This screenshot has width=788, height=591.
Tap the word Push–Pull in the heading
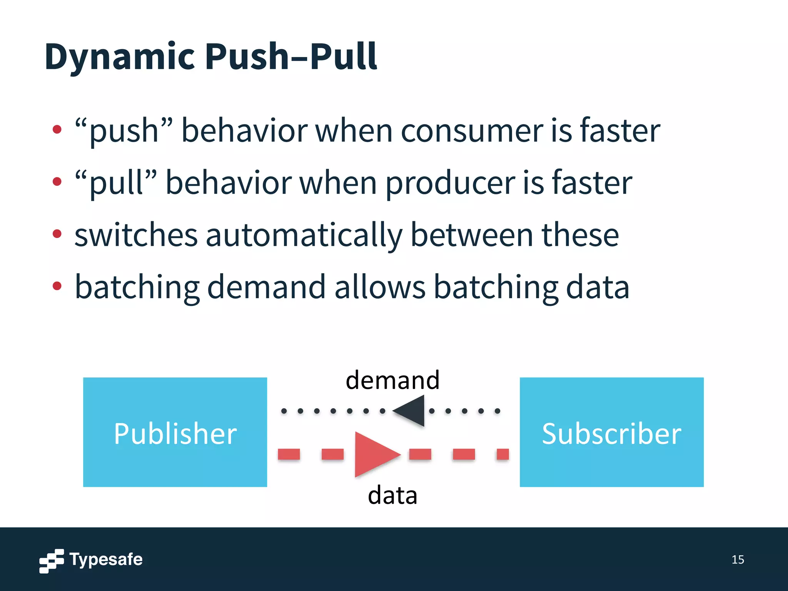point(291,57)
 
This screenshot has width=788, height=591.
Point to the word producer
point(450,184)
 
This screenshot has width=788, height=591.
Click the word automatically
point(304,235)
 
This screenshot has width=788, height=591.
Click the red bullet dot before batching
point(57,286)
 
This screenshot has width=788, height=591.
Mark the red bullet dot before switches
point(57,234)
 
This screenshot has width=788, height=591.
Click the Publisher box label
point(175,434)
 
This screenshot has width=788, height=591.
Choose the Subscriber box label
point(611,434)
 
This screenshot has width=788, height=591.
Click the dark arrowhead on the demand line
point(411,411)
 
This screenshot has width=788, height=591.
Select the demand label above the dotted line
point(392,380)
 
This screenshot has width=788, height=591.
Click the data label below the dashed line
point(392,496)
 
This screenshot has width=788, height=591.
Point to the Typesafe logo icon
point(52,561)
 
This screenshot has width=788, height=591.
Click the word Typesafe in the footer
point(106,559)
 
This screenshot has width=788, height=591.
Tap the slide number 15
point(738,559)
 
